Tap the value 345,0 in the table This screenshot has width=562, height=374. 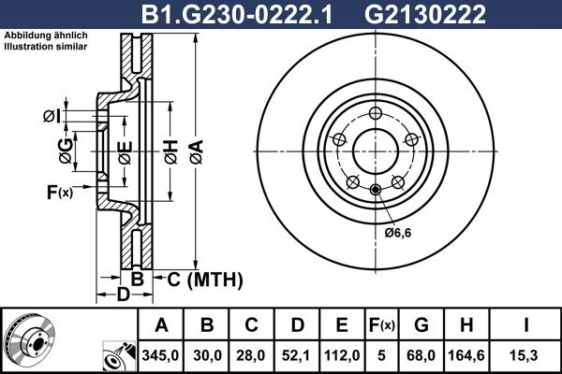click(161, 356)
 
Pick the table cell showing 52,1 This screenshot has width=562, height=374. click(297, 356)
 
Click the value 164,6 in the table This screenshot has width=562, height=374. click(466, 356)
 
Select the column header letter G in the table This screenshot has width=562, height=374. click(421, 325)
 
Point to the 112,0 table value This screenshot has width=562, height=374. click(342, 356)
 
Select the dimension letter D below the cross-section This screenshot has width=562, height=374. click(122, 296)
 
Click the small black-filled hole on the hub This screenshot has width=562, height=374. click(376, 191)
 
